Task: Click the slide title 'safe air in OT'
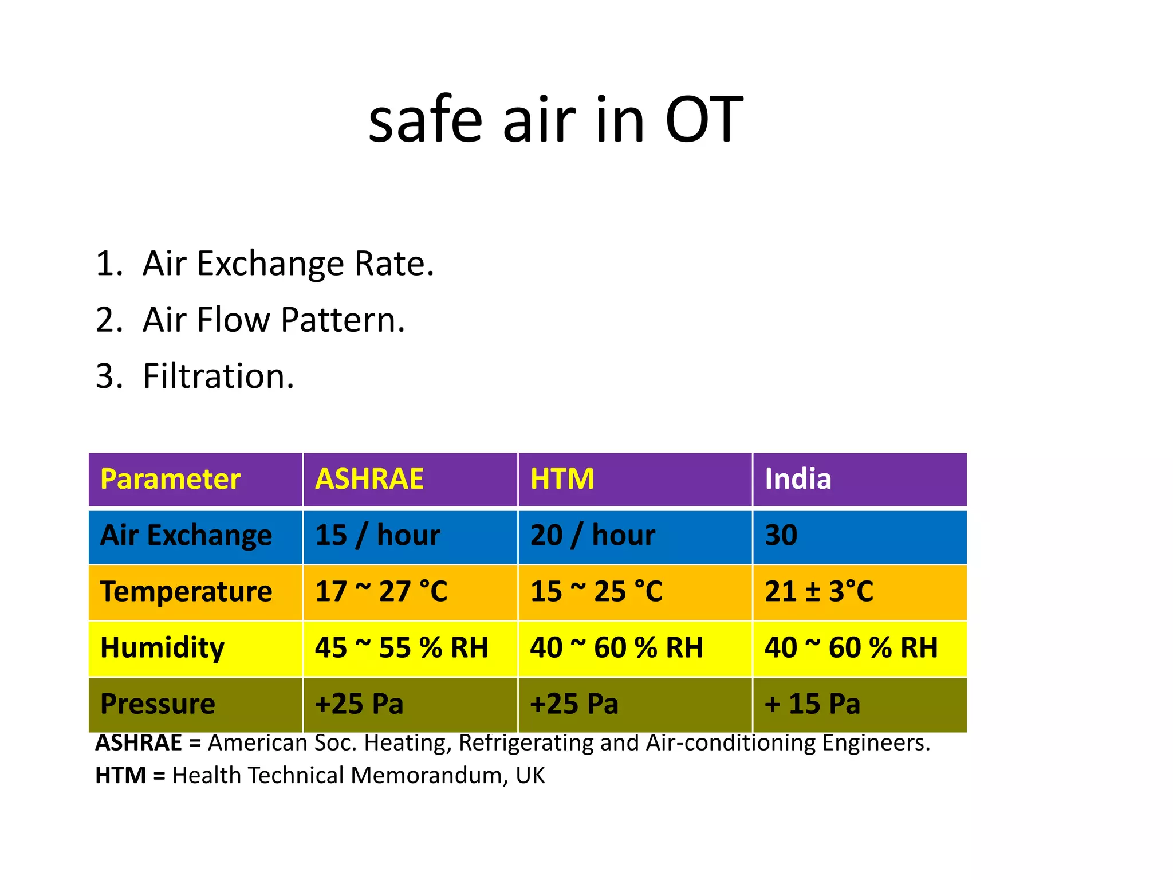tap(556, 120)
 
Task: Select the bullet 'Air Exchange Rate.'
tap(288, 264)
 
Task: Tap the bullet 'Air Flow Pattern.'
tap(273, 320)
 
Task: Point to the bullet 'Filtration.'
tap(218, 376)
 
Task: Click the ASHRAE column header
tap(369, 479)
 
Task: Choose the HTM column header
tap(562, 479)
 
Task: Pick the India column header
tap(798, 479)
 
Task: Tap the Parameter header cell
tap(170, 479)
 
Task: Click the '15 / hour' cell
tap(377, 535)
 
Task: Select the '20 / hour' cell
tap(592, 535)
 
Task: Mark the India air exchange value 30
tap(781, 535)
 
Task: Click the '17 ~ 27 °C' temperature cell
tap(381, 591)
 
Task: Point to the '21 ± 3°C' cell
tap(819, 591)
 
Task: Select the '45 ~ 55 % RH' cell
tap(401, 647)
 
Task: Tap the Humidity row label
tap(162, 647)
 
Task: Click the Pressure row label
tap(158, 704)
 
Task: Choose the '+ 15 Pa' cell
tap(812, 704)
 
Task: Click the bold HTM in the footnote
tap(121, 776)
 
